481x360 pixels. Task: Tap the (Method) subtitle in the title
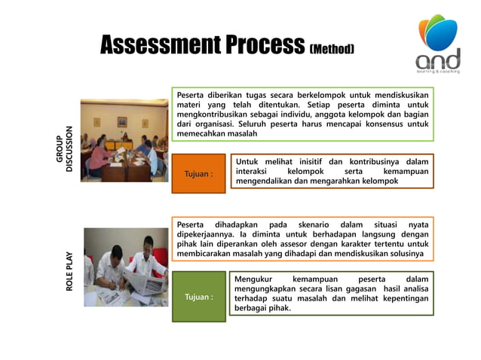tap(332, 49)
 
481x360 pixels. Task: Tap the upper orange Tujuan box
tap(198, 174)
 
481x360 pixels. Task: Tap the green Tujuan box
tap(198, 297)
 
